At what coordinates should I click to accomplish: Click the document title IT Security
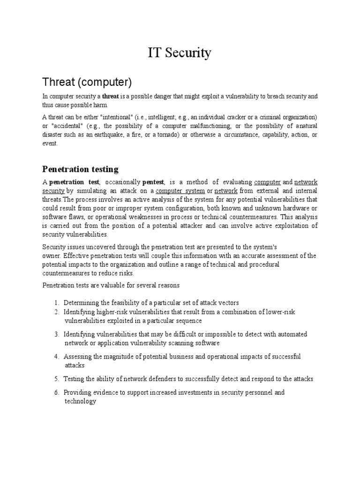(180, 53)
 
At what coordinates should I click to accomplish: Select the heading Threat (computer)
(87, 82)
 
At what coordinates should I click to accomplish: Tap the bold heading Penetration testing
(80, 169)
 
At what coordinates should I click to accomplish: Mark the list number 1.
(56, 303)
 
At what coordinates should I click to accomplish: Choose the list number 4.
(56, 357)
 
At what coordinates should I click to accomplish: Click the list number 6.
(56, 392)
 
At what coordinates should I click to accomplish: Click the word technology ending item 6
(80, 401)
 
